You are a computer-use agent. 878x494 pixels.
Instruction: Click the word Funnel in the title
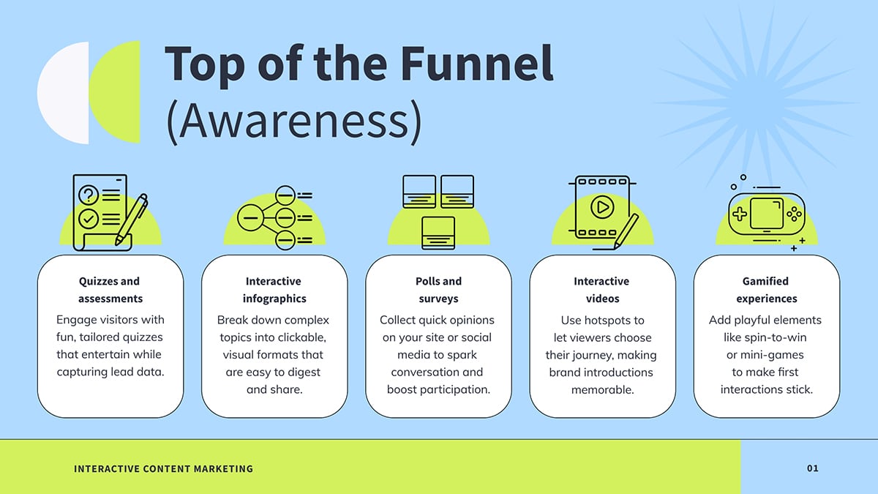click(x=476, y=63)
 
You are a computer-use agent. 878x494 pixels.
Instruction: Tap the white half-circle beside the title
click(x=64, y=93)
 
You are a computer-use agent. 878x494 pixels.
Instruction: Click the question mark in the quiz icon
click(x=89, y=195)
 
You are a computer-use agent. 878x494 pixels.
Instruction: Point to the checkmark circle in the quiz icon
click(x=89, y=219)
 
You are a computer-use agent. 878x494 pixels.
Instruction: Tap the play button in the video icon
click(x=602, y=206)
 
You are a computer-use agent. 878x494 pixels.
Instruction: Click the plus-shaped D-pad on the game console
click(x=740, y=214)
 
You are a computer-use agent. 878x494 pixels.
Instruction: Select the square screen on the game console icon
click(x=766, y=213)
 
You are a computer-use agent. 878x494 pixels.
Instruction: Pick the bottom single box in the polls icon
click(x=438, y=233)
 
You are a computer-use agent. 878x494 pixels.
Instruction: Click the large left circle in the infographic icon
click(x=250, y=217)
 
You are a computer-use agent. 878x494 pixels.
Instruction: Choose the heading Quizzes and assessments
click(x=110, y=290)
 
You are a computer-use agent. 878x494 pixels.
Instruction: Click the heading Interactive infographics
click(x=274, y=290)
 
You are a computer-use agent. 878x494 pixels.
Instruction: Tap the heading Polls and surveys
click(x=438, y=290)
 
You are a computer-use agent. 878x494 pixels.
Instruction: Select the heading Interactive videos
click(x=602, y=290)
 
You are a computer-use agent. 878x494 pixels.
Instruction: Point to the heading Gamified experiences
click(x=766, y=290)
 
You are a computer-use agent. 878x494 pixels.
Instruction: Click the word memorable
click(x=602, y=389)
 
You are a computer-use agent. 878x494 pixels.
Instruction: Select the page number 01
click(x=813, y=468)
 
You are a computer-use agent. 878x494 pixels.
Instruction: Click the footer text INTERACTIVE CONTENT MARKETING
click(x=163, y=468)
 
